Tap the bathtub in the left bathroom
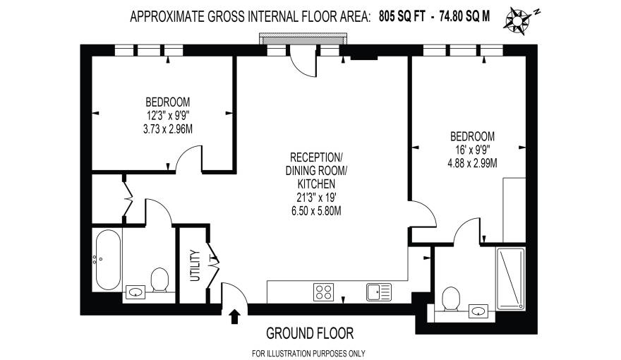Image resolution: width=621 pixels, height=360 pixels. click(x=107, y=259)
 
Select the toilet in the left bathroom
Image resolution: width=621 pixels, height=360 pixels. click(x=159, y=280)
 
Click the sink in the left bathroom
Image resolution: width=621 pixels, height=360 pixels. click(x=135, y=290)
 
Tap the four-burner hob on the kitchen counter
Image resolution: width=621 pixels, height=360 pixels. click(x=324, y=290)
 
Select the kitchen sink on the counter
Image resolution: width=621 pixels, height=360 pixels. click(x=378, y=290)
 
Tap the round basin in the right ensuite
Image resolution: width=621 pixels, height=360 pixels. click(x=478, y=308)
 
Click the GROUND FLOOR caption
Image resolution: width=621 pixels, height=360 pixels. click(x=309, y=332)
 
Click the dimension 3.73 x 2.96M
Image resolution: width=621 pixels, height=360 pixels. click(x=167, y=128)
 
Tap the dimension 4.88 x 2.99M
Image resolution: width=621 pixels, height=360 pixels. click(x=472, y=163)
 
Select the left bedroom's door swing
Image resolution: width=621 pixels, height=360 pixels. click(x=188, y=160)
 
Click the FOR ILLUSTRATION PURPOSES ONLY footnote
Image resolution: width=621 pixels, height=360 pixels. click(x=308, y=353)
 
